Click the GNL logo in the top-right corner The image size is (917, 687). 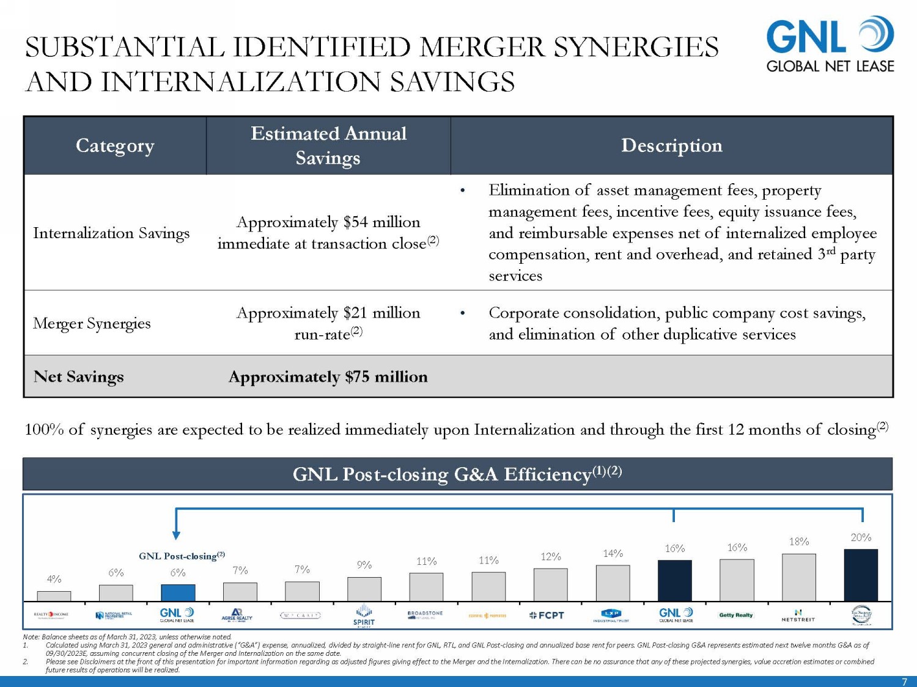pos(830,45)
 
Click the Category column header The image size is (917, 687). pos(115,146)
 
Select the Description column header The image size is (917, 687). pos(671,146)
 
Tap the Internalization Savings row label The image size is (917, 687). pos(111,233)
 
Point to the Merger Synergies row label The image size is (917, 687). pos(92,323)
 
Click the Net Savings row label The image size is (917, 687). pos(79,377)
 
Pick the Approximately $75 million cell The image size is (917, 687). pos(328,377)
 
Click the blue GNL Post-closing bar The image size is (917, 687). pos(178,592)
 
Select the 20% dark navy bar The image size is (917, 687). pos(861,575)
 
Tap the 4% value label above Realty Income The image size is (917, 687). pos(54,579)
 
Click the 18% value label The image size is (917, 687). pos(798,542)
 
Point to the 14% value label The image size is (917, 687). pos(613,553)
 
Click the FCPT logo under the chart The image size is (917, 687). pos(547,616)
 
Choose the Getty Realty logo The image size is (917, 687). pos(736,615)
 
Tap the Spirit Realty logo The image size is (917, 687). pos(364,616)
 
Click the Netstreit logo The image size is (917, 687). pos(798,616)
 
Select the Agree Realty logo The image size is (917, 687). pos(237,615)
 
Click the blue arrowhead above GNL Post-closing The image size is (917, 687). pos(176,535)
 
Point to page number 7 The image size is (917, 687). pos(905,682)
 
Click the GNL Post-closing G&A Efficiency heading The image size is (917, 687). pos(457,474)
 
